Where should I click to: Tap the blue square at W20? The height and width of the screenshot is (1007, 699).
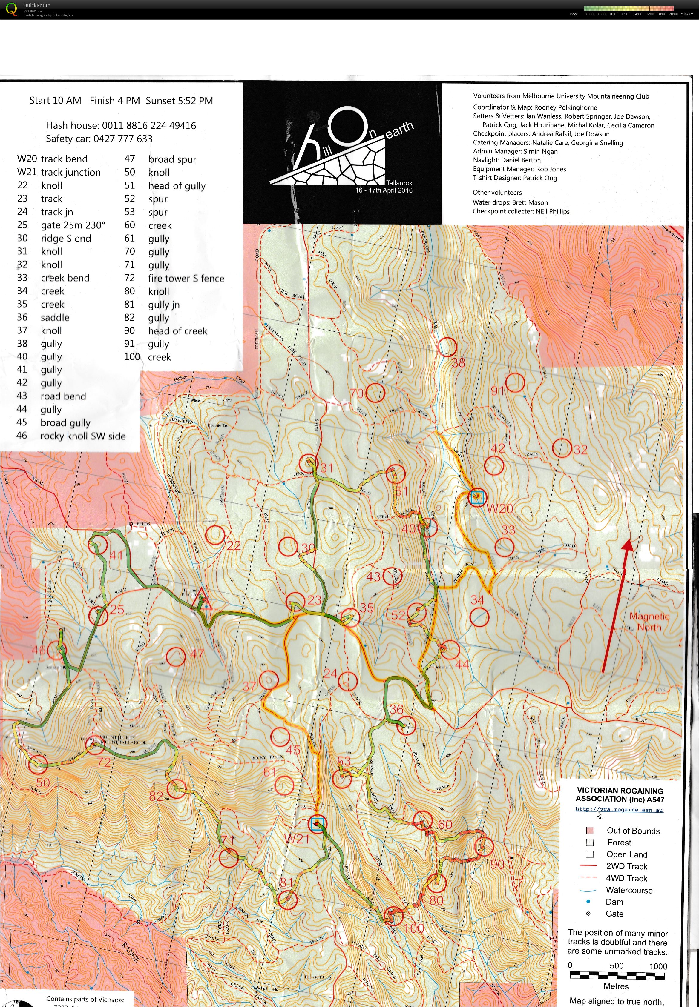pos(476,497)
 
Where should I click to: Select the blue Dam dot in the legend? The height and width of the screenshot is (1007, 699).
pos(588,902)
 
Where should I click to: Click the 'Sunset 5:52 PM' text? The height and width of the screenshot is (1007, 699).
pos(179,101)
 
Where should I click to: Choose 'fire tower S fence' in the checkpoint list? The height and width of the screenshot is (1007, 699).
pos(186,278)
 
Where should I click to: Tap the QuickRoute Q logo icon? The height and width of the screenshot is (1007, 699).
pos(12,9)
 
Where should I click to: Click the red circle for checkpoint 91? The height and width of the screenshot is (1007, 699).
pos(515,382)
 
